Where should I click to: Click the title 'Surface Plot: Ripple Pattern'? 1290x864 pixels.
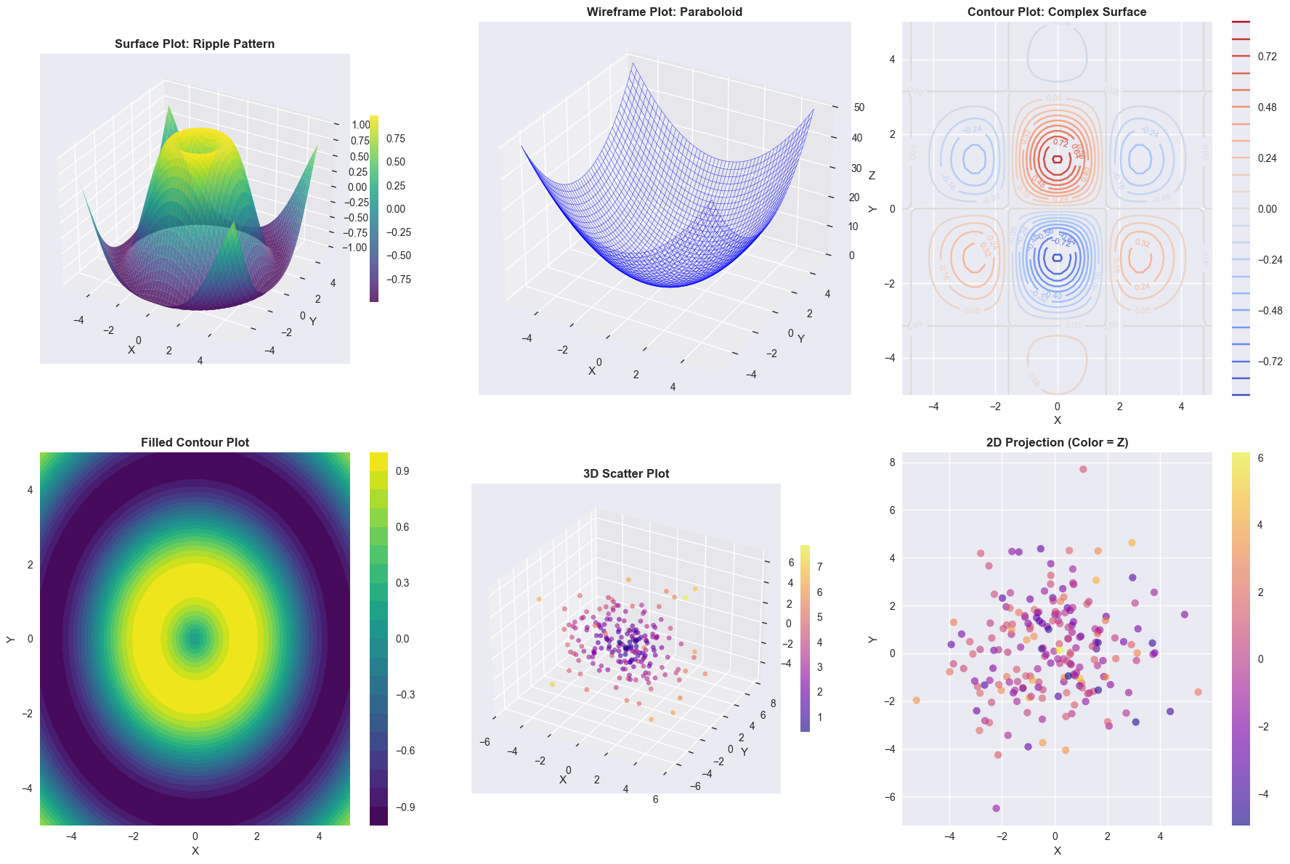point(195,44)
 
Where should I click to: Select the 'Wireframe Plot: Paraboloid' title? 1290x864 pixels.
point(664,12)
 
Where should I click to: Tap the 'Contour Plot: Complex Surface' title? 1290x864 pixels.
point(1057,12)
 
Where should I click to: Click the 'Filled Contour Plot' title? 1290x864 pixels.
point(195,442)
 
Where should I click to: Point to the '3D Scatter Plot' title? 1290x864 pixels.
point(626,473)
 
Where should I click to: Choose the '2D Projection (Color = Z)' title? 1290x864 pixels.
point(1057,442)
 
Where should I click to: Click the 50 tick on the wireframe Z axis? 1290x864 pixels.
point(859,107)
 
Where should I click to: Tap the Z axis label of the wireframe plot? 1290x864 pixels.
point(872,176)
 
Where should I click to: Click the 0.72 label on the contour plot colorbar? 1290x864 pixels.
point(1267,57)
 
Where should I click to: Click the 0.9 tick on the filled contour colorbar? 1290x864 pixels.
point(402,471)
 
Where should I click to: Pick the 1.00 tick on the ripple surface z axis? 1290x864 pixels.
point(361,125)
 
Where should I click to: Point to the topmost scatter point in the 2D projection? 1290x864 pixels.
point(1083,470)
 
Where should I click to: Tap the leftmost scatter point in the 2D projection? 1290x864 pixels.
point(917,701)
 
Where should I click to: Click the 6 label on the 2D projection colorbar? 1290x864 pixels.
point(1261,458)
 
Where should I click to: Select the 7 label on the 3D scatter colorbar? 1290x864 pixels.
point(819,567)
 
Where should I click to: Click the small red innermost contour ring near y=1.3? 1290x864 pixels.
point(1057,159)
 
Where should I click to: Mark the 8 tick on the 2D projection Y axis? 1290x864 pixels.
point(893,462)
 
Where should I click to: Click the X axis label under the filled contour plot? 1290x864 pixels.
point(195,850)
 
